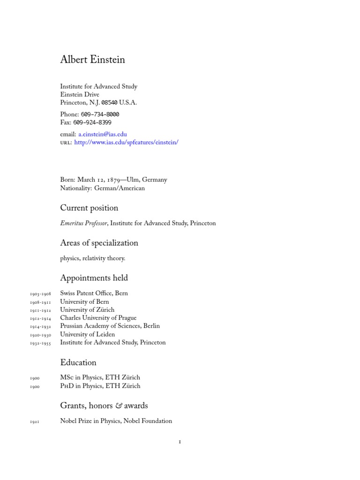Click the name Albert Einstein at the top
click(x=92, y=60)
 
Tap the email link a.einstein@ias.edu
click(x=102, y=134)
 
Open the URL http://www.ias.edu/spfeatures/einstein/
click(x=126, y=142)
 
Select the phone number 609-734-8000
click(x=100, y=114)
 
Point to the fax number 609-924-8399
click(x=92, y=122)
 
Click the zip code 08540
click(x=109, y=103)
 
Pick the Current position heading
click(x=89, y=208)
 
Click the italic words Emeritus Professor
click(x=83, y=224)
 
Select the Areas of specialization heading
click(x=99, y=243)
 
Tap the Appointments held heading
click(x=94, y=278)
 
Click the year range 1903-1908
click(x=40, y=294)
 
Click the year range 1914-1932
click(x=40, y=327)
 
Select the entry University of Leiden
click(x=87, y=335)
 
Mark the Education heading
click(x=78, y=362)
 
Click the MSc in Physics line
click(x=100, y=378)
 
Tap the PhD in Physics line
click(x=100, y=386)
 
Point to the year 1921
click(x=35, y=422)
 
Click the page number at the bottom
click(x=180, y=442)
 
